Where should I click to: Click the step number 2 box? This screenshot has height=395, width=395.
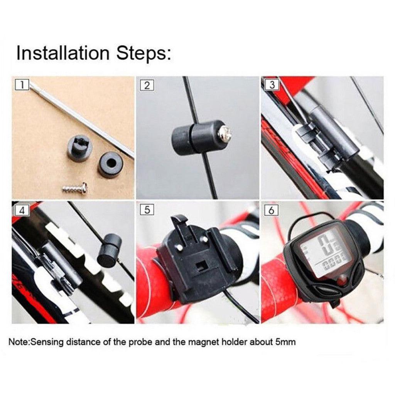click(x=147, y=85)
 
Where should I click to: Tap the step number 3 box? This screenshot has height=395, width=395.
click(x=272, y=85)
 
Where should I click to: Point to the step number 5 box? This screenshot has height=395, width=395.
click(x=147, y=210)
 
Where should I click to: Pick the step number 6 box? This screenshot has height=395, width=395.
click(x=272, y=210)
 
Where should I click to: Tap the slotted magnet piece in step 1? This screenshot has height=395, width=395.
click(x=80, y=147)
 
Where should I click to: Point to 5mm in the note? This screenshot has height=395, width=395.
click(x=285, y=342)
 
